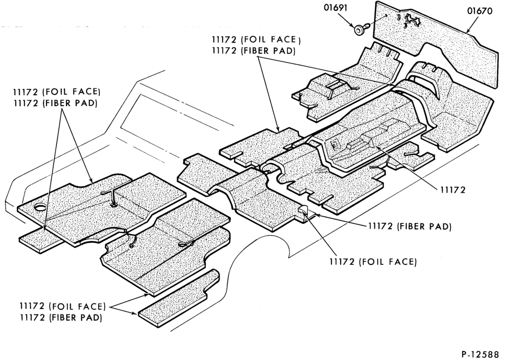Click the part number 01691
336,8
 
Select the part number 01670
480,11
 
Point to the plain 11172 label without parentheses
453,190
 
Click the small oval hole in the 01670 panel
399,17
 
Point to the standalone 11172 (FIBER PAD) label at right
410,227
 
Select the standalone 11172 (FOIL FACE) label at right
373,261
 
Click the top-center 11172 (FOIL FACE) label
256,39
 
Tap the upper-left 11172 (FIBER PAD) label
55,103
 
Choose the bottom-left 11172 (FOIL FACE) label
63,306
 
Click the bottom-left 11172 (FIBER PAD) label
61,318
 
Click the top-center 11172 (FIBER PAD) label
254,51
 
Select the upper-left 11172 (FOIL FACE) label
57,92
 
